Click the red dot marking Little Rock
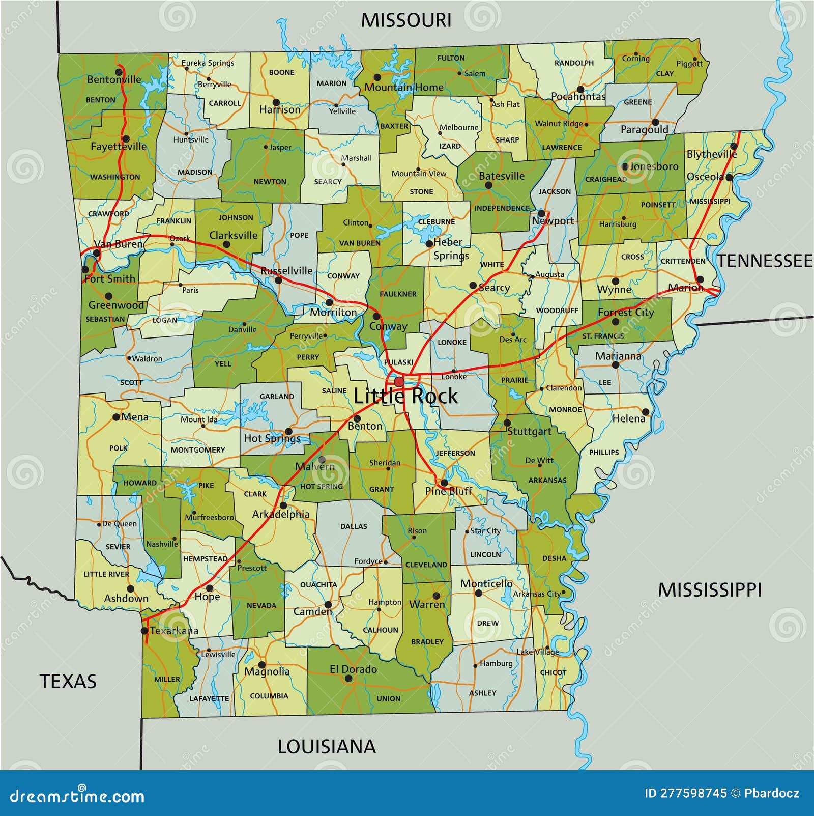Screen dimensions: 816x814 (399, 382)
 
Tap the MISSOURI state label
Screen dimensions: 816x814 (406, 20)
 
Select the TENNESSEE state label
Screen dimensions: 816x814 (765, 261)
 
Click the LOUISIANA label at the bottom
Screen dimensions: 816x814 (327, 747)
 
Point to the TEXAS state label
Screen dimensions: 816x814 (68, 681)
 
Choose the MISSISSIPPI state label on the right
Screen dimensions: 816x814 (710, 590)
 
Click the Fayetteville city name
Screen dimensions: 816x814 (119, 147)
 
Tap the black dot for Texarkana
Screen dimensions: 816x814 (144, 631)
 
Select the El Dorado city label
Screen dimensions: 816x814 (354, 669)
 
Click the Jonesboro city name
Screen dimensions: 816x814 (654, 166)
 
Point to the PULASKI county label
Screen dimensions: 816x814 (398, 362)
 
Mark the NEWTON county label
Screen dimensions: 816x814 (270, 182)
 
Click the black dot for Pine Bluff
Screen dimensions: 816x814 (444, 483)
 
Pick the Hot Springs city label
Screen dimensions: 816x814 (272, 438)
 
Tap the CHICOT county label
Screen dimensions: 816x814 (553, 672)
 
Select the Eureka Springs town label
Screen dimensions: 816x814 (208, 63)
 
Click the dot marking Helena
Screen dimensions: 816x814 (646, 412)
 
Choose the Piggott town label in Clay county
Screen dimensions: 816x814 (689, 64)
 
